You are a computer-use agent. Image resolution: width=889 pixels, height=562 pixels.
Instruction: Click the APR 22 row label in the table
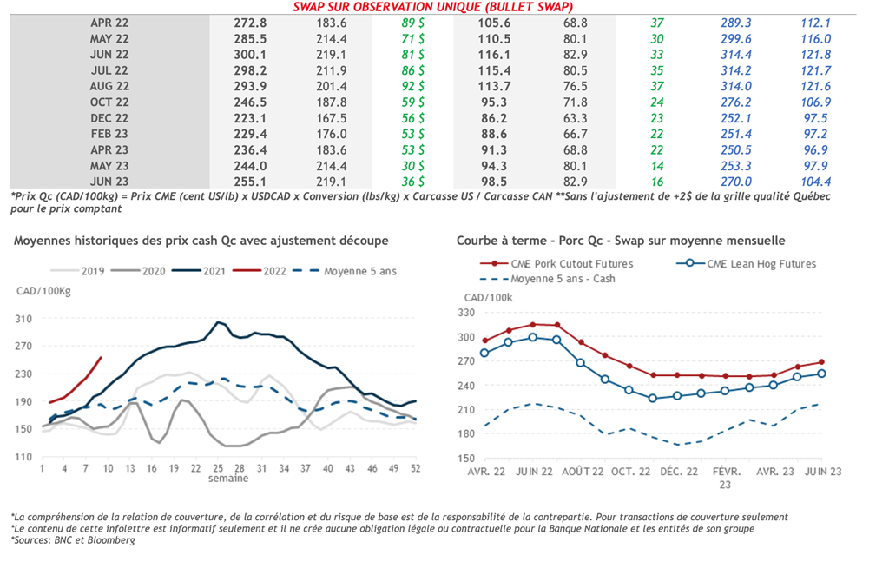[109, 23]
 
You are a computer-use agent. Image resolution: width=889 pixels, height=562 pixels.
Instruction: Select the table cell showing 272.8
[251, 23]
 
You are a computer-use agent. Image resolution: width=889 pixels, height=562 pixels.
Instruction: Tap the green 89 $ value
[412, 23]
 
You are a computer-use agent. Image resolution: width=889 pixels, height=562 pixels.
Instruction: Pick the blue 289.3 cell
[736, 23]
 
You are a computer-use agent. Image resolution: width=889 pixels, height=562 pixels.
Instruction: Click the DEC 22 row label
[109, 118]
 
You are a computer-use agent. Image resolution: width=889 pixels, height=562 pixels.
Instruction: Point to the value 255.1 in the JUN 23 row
[251, 182]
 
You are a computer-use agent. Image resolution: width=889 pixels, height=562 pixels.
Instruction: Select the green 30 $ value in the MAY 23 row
[412, 166]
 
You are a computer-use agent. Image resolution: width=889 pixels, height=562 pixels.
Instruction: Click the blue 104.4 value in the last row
[816, 182]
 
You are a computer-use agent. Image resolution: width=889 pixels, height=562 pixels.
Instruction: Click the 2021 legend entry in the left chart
[207, 271]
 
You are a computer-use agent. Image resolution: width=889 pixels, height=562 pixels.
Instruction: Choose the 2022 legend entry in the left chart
[267, 271]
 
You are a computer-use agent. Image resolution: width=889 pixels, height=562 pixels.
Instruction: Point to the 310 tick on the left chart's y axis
[24, 319]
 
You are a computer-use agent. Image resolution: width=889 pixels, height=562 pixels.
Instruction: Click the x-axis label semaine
[227, 479]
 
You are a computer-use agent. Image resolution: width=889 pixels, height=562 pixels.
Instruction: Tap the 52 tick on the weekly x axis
[415, 468]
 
